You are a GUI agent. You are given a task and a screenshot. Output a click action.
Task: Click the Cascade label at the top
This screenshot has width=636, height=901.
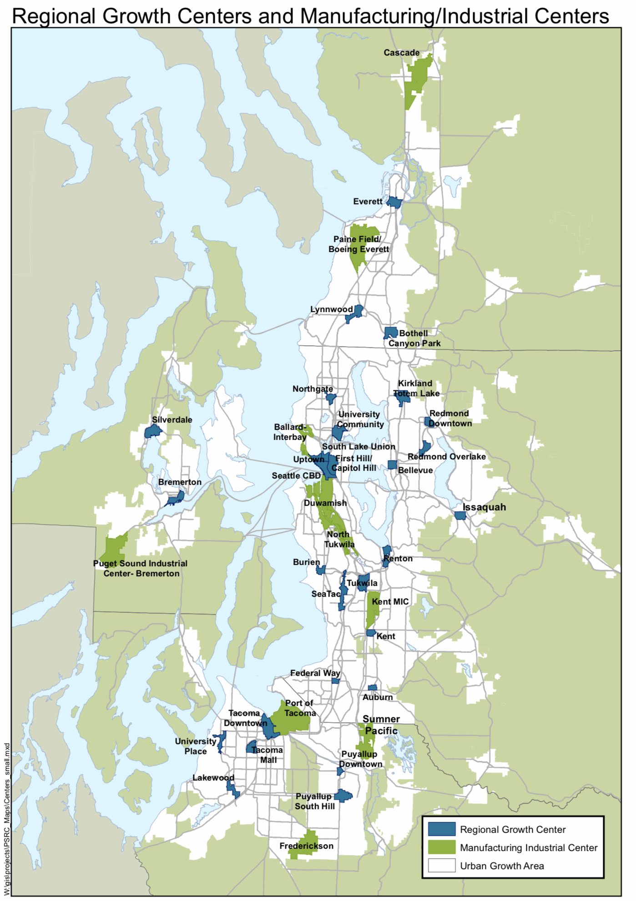click(x=401, y=53)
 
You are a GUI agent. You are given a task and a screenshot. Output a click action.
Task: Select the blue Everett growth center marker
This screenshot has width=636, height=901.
click(x=394, y=202)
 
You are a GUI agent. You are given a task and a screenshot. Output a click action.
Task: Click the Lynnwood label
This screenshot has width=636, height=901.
click(x=331, y=309)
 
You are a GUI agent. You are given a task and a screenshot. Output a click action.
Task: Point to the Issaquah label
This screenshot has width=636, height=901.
click(x=484, y=507)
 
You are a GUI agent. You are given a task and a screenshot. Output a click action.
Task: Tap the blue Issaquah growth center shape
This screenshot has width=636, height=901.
click(x=460, y=516)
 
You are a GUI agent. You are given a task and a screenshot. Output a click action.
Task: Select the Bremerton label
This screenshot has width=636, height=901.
click(x=180, y=482)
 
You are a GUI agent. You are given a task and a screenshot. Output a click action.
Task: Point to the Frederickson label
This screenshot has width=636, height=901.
click(x=306, y=846)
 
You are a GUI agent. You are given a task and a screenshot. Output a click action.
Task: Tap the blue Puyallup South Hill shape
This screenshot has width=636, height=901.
click(x=343, y=795)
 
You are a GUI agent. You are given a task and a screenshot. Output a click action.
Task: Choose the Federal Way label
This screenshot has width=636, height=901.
click(x=315, y=673)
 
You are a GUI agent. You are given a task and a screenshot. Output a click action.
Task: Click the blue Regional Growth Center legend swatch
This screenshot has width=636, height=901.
click(x=441, y=829)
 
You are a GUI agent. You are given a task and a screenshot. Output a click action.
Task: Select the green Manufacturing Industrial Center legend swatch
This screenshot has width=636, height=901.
click(x=441, y=847)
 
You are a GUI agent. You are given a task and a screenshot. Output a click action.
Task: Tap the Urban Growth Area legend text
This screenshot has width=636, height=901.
click(x=502, y=866)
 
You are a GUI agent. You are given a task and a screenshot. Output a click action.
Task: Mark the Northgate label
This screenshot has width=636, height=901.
click(x=313, y=389)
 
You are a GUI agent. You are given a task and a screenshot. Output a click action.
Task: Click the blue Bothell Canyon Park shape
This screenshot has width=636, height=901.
click(x=390, y=332)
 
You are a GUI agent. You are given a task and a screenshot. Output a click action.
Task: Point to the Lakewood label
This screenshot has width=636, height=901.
click(x=213, y=778)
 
